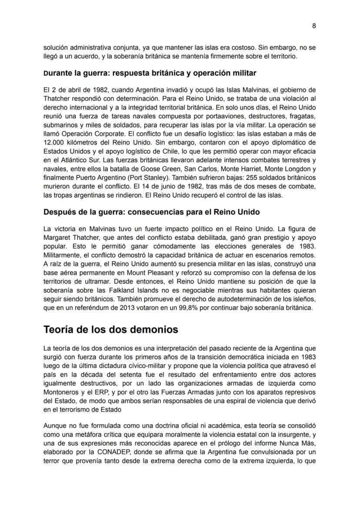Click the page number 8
click(x=314, y=26)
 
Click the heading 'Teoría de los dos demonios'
click(x=111, y=329)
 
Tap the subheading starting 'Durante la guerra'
click(x=150, y=73)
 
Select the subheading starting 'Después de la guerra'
click(x=151, y=212)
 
